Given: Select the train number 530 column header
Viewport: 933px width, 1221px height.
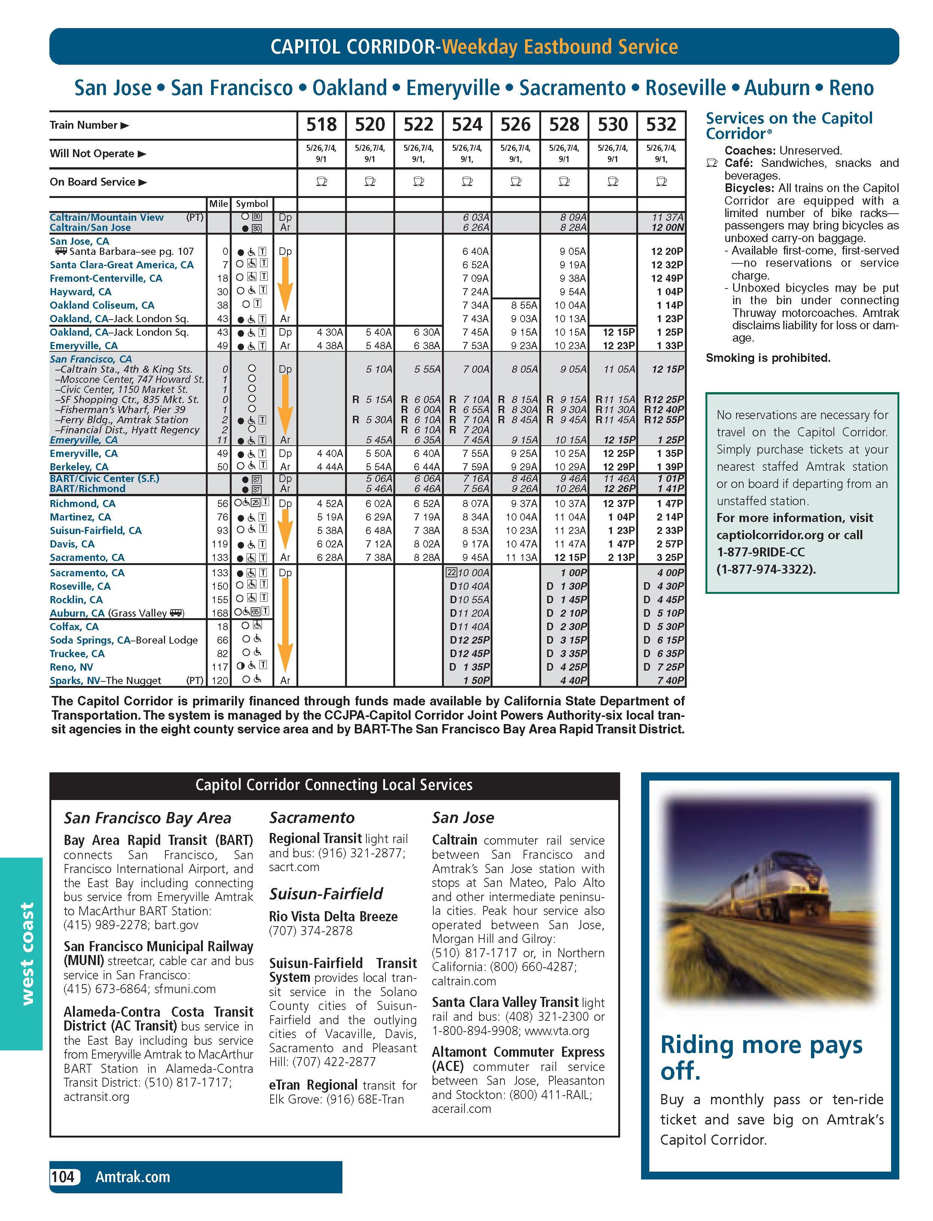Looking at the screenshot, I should click(613, 124).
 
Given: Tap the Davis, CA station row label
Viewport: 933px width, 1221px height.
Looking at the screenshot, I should click(72, 544).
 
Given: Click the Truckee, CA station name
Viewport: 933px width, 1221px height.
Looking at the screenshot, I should click(77, 653).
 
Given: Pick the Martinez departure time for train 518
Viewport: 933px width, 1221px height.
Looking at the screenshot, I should click(329, 517).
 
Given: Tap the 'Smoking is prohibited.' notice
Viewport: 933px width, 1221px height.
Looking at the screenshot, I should click(768, 358).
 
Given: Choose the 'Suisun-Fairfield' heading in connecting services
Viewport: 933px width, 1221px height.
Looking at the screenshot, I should click(326, 894).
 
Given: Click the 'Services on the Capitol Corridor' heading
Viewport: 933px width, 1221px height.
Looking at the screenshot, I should click(789, 126).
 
